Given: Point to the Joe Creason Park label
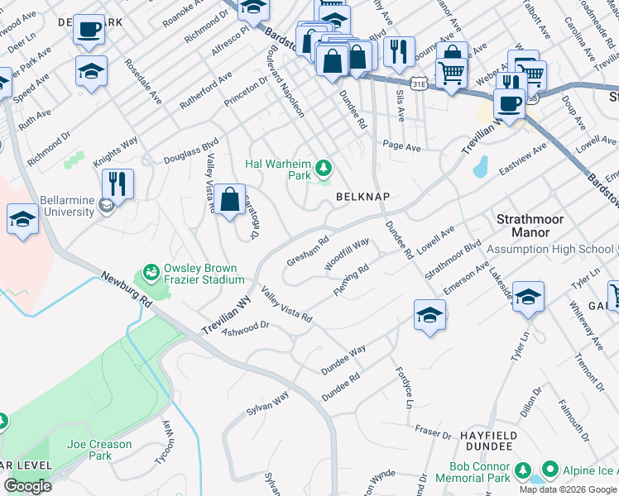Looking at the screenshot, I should pos(99,450).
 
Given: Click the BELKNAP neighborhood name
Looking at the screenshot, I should pos(362,197).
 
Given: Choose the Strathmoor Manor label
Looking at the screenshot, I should pos(534,226).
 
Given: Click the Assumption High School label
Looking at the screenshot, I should pos(549,249).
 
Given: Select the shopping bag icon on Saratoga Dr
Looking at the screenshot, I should pos(230,199).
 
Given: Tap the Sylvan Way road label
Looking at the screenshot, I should pos(267,404).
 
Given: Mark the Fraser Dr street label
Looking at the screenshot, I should pos(433,432).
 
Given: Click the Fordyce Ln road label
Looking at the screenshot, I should pos(403,389).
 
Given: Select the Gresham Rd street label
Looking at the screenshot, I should pos(308,248).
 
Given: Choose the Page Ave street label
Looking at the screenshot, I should pos(401,146).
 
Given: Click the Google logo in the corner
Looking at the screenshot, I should pos(27,486).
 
